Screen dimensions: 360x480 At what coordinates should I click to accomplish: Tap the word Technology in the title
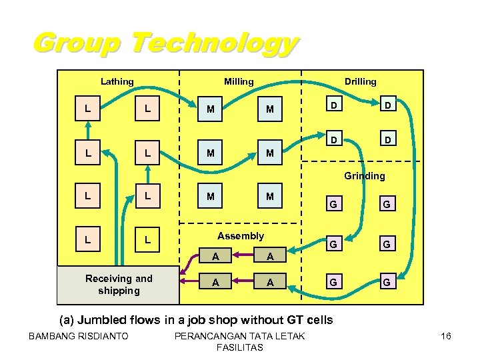pyautogui.click(x=213, y=43)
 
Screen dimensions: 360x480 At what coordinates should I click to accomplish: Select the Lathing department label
pyautogui.click(x=117, y=81)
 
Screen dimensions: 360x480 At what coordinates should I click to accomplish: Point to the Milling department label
pyautogui.click(x=239, y=81)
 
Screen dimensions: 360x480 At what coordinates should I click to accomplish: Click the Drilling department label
pyautogui.click(x=360, y=81)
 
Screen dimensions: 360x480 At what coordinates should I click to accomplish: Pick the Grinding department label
pyautogui.click(x=365, y=176)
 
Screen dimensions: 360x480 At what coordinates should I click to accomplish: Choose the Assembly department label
pyautogui.click(x=241, y=235)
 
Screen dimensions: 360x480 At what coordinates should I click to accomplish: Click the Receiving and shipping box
pyautogui.click(x=119, y=285)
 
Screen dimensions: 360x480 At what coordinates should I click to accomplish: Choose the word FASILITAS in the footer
pyautogui.click(x=240, y=347)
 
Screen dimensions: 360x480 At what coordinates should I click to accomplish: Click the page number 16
pyautogui.click(x=446, y=336)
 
